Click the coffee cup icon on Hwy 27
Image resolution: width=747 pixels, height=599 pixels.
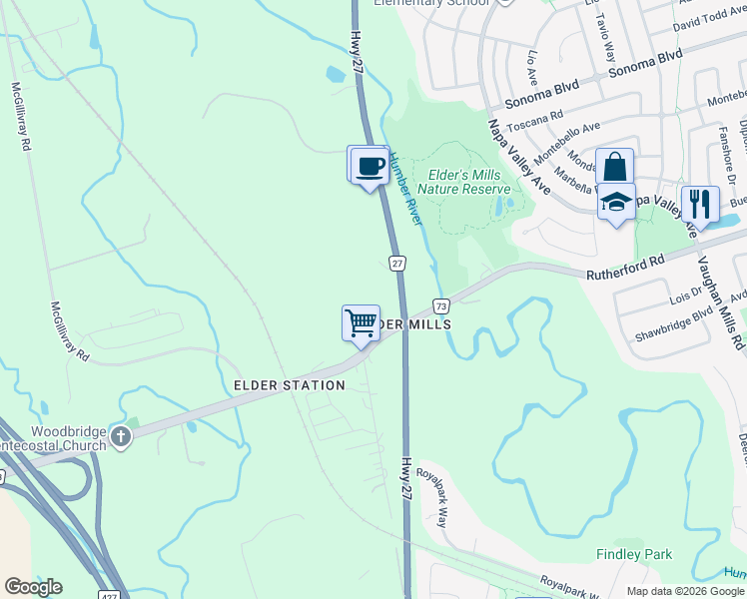click(369, 165)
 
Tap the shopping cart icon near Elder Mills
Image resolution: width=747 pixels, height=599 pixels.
click(361, 323)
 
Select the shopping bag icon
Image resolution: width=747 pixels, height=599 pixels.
click(615, 167)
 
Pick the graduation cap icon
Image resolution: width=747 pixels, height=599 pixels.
click(616, 202)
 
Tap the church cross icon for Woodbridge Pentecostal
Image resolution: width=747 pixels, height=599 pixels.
click(120, 437)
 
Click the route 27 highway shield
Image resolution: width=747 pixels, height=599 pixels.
click(396, 263)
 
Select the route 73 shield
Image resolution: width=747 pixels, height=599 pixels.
click(440, 304)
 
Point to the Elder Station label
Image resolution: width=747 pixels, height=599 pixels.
click(289, 385)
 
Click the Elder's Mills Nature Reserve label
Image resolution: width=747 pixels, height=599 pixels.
click(463, 182)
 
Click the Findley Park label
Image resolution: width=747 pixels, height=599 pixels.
click(634, 555)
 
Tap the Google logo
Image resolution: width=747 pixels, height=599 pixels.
click(33, 587)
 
